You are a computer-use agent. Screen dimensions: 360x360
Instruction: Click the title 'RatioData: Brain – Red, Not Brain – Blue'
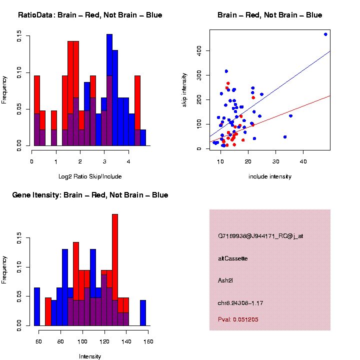coord(90,15)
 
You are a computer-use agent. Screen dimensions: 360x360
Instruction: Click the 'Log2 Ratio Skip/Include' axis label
coord(90,176)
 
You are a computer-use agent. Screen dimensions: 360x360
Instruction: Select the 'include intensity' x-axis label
coord(270,176)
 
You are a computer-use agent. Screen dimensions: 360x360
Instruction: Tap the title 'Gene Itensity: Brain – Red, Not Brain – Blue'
coord(90,195)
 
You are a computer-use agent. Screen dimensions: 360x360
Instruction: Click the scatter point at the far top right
coord(325,34)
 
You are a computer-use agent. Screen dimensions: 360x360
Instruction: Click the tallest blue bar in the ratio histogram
coord(109,90)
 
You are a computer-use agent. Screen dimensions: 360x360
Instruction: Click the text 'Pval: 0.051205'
coord(238,319)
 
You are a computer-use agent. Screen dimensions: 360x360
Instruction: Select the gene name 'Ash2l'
coord(225,280)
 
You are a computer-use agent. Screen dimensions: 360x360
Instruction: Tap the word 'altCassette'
coord(233,258)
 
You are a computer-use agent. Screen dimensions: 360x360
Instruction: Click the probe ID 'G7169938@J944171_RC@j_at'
coord(260,236)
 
